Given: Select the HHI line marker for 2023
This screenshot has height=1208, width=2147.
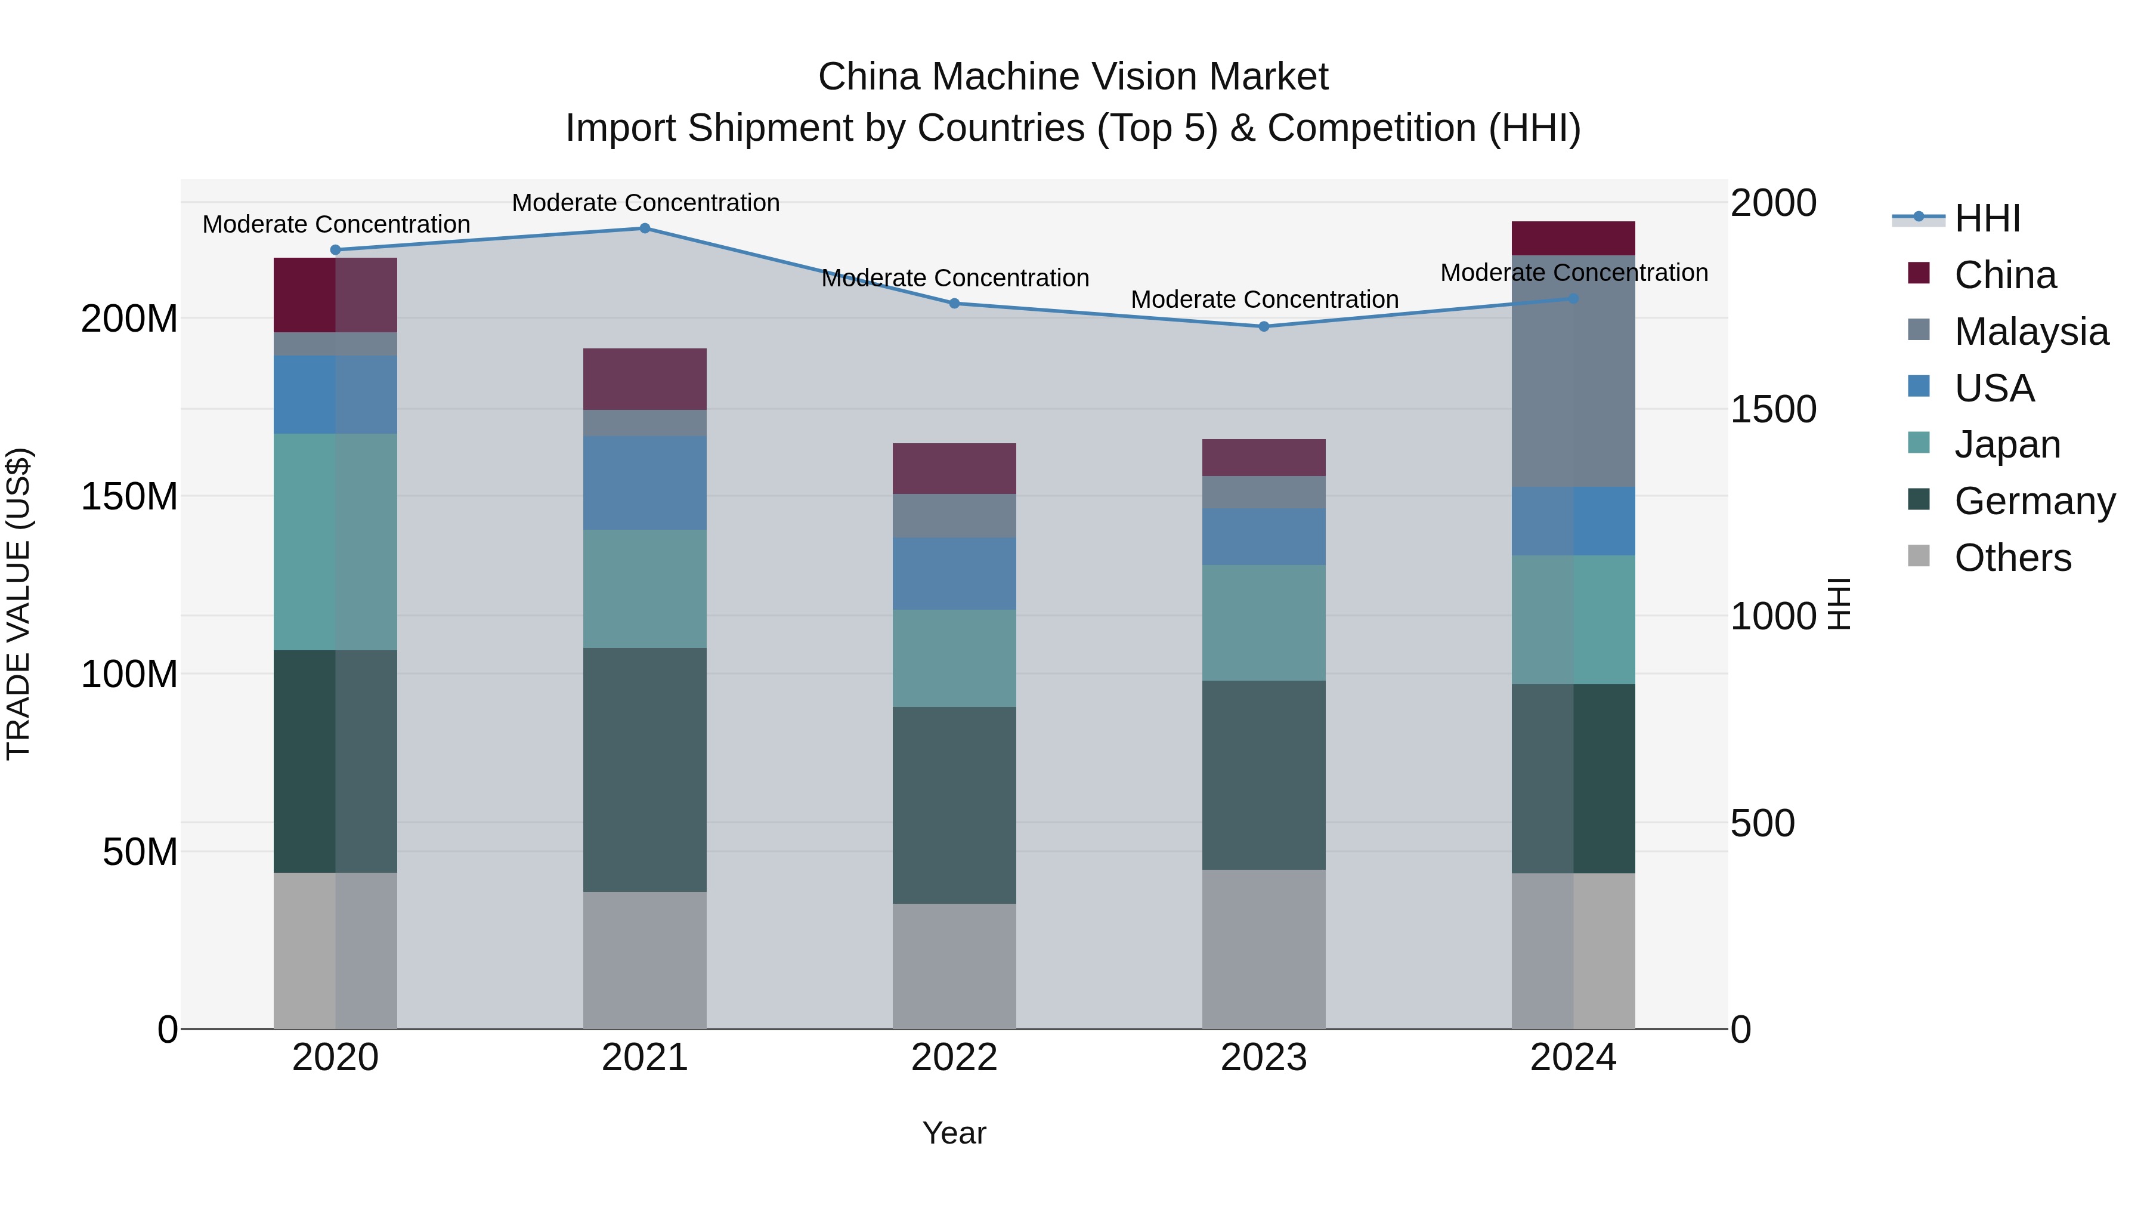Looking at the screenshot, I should (x=1264, y=327).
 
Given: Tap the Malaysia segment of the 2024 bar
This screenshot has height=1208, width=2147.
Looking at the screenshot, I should (x=1573, y=371).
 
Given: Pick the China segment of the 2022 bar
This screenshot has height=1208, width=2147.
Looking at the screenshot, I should (x=954, y=468).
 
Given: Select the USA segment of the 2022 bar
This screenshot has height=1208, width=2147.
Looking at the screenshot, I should (x=954, y=573).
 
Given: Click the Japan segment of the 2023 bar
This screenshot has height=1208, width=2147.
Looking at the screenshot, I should (x=1264, y=623).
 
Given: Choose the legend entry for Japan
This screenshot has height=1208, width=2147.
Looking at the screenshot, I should (x=2007, y=444).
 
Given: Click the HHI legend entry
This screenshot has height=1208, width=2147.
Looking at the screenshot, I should (x=1987, y=218).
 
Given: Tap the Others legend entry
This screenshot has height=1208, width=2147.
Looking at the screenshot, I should (x=2012, y=558).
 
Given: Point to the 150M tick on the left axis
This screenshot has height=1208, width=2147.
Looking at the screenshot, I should (x=129, y=497).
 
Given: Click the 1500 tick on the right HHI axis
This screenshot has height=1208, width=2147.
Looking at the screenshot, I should (x=1774, y=409).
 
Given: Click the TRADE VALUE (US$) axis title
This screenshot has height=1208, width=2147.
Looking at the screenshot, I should (x=19, y=604).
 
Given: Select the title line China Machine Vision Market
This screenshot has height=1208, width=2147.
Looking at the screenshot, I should (x=1073, y=77).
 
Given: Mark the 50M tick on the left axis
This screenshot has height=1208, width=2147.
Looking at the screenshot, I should (x=140, y=852).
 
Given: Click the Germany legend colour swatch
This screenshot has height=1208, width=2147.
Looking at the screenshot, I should (x=1919, y=500).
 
